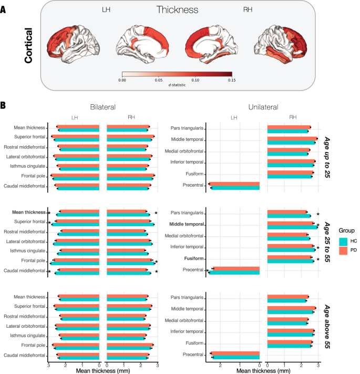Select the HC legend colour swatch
[x=342, y=241]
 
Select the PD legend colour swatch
[x=342, y=250]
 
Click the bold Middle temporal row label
[x=186, y=225]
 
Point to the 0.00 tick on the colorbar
[x=122, y=80]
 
